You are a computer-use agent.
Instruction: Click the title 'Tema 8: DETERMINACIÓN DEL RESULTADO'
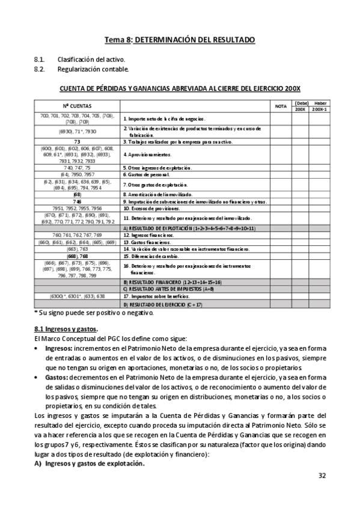pyautogui.click(x=180, y=40)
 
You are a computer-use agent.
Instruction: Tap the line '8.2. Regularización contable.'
pyautogui.click(x=81, y=69)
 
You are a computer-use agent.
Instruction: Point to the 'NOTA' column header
pyautogui.click(x=281, y=106)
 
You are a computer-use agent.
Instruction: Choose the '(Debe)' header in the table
pyautogui.click(x=302, y=103)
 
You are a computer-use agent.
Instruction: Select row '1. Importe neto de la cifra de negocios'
pyautogui.click(x=165, y=119)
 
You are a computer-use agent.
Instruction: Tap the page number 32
pyautogui.click(x=322, y=476)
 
